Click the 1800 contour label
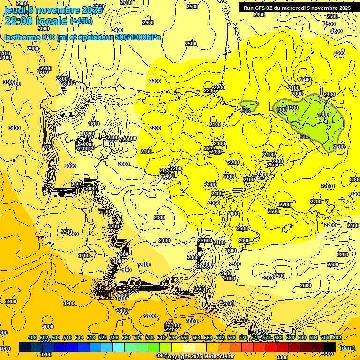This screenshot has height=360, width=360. (x=94, y=124)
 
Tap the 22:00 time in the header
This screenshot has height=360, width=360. (x=21, y=21)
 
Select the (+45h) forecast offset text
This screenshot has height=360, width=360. (x=81, y=21)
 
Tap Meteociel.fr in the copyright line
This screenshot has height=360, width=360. (x=218, y=357)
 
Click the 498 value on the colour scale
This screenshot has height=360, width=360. (x=32, y=337)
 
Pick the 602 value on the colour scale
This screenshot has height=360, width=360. (x=337, y=337)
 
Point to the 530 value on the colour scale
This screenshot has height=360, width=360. (x=126, y=337)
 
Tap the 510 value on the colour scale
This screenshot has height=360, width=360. (x=67, y=337)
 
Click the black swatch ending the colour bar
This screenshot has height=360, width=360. (x=330, y=347)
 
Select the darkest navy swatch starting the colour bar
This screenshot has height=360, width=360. (x=25, y=347)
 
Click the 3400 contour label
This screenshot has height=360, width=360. (x=116, y=261)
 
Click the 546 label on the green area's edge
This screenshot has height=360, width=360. (x=304, y=136)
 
